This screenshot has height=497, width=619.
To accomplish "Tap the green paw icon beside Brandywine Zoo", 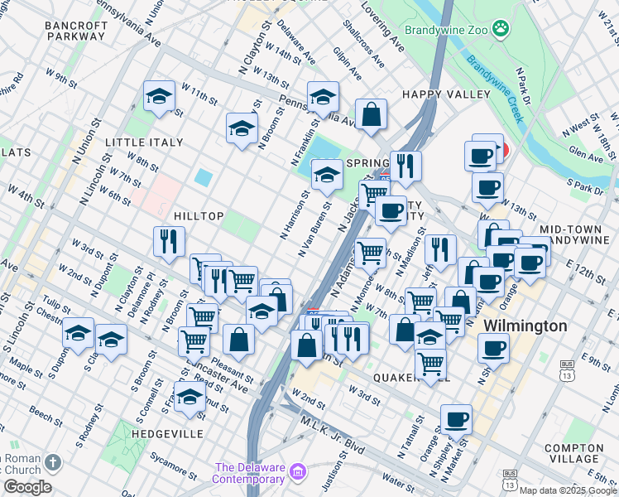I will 500,30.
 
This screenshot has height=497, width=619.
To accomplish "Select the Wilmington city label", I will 525,326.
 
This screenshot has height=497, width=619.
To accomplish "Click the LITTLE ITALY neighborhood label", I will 144,142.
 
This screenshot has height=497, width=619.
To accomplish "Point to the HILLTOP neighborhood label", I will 199,216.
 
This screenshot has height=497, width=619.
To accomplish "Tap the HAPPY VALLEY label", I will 446,94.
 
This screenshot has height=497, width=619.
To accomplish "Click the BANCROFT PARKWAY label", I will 76,31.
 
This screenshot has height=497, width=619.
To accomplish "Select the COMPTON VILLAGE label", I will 573,453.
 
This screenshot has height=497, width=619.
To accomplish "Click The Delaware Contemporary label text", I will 249,473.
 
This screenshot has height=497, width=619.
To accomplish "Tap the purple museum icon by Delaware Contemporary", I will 298,474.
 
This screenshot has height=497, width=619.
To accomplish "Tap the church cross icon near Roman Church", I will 53,461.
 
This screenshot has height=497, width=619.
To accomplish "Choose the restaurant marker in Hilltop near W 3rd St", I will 169,241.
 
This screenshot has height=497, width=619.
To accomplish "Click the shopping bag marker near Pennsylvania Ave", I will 372,113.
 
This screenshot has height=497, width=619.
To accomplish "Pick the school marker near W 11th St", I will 158,96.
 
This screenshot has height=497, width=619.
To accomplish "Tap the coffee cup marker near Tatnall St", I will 455,419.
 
